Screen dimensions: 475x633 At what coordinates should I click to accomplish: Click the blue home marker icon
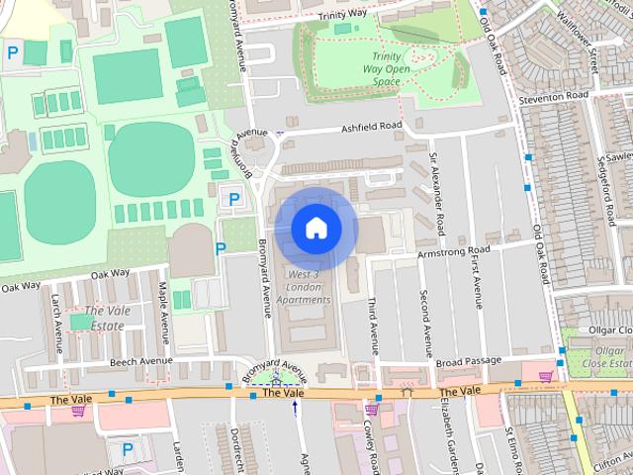tap(316, 229)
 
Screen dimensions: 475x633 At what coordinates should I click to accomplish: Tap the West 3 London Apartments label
tap(303, 286)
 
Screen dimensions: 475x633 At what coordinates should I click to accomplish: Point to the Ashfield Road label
tap(371, 126)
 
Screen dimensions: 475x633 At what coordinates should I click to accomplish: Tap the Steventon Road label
tap(561, 96)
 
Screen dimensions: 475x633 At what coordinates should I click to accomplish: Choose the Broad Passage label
tap(470, 362)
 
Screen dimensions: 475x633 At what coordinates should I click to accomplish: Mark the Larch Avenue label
tap(58, 316)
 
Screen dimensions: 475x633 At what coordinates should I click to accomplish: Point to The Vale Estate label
tap(101, 318)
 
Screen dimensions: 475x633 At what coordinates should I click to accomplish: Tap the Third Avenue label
tap(373, 325)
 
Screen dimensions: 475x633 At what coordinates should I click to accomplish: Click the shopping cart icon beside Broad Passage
tap(545, 376)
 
